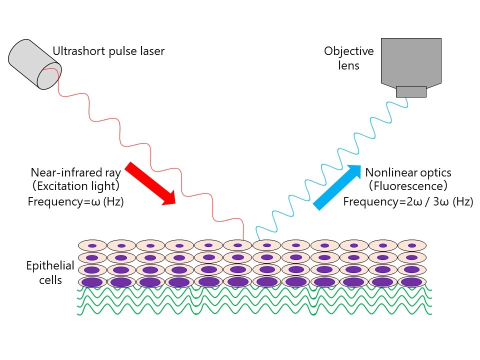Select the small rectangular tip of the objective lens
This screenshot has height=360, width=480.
pyautogui.click(x=411, y=91)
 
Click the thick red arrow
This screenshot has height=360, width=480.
pyautogui.click(x=150, y=183)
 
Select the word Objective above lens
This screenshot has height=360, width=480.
pyautogui.click(x=348, y=51)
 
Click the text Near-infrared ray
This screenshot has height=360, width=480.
pyautogui.click(x=75, y=172)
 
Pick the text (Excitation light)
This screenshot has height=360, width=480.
pyautogui.click(x=75, y=187)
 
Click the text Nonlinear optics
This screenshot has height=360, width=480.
pyautogui.click(x=408, y=172)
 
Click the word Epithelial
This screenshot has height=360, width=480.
pyautogui.click(x=50, y=265)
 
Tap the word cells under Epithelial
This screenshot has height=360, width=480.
pyautogui.click(x=50, y=279)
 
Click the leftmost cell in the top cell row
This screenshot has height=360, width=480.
pyautogui.click(x=92, y=246)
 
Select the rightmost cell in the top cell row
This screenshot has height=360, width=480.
pyautogui.click(x=411, y=246)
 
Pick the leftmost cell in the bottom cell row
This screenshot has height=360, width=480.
pyautogui.click(x=92, y=282)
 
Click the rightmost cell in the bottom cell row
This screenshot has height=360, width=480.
pyautogui.click(x=411, y=282)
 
